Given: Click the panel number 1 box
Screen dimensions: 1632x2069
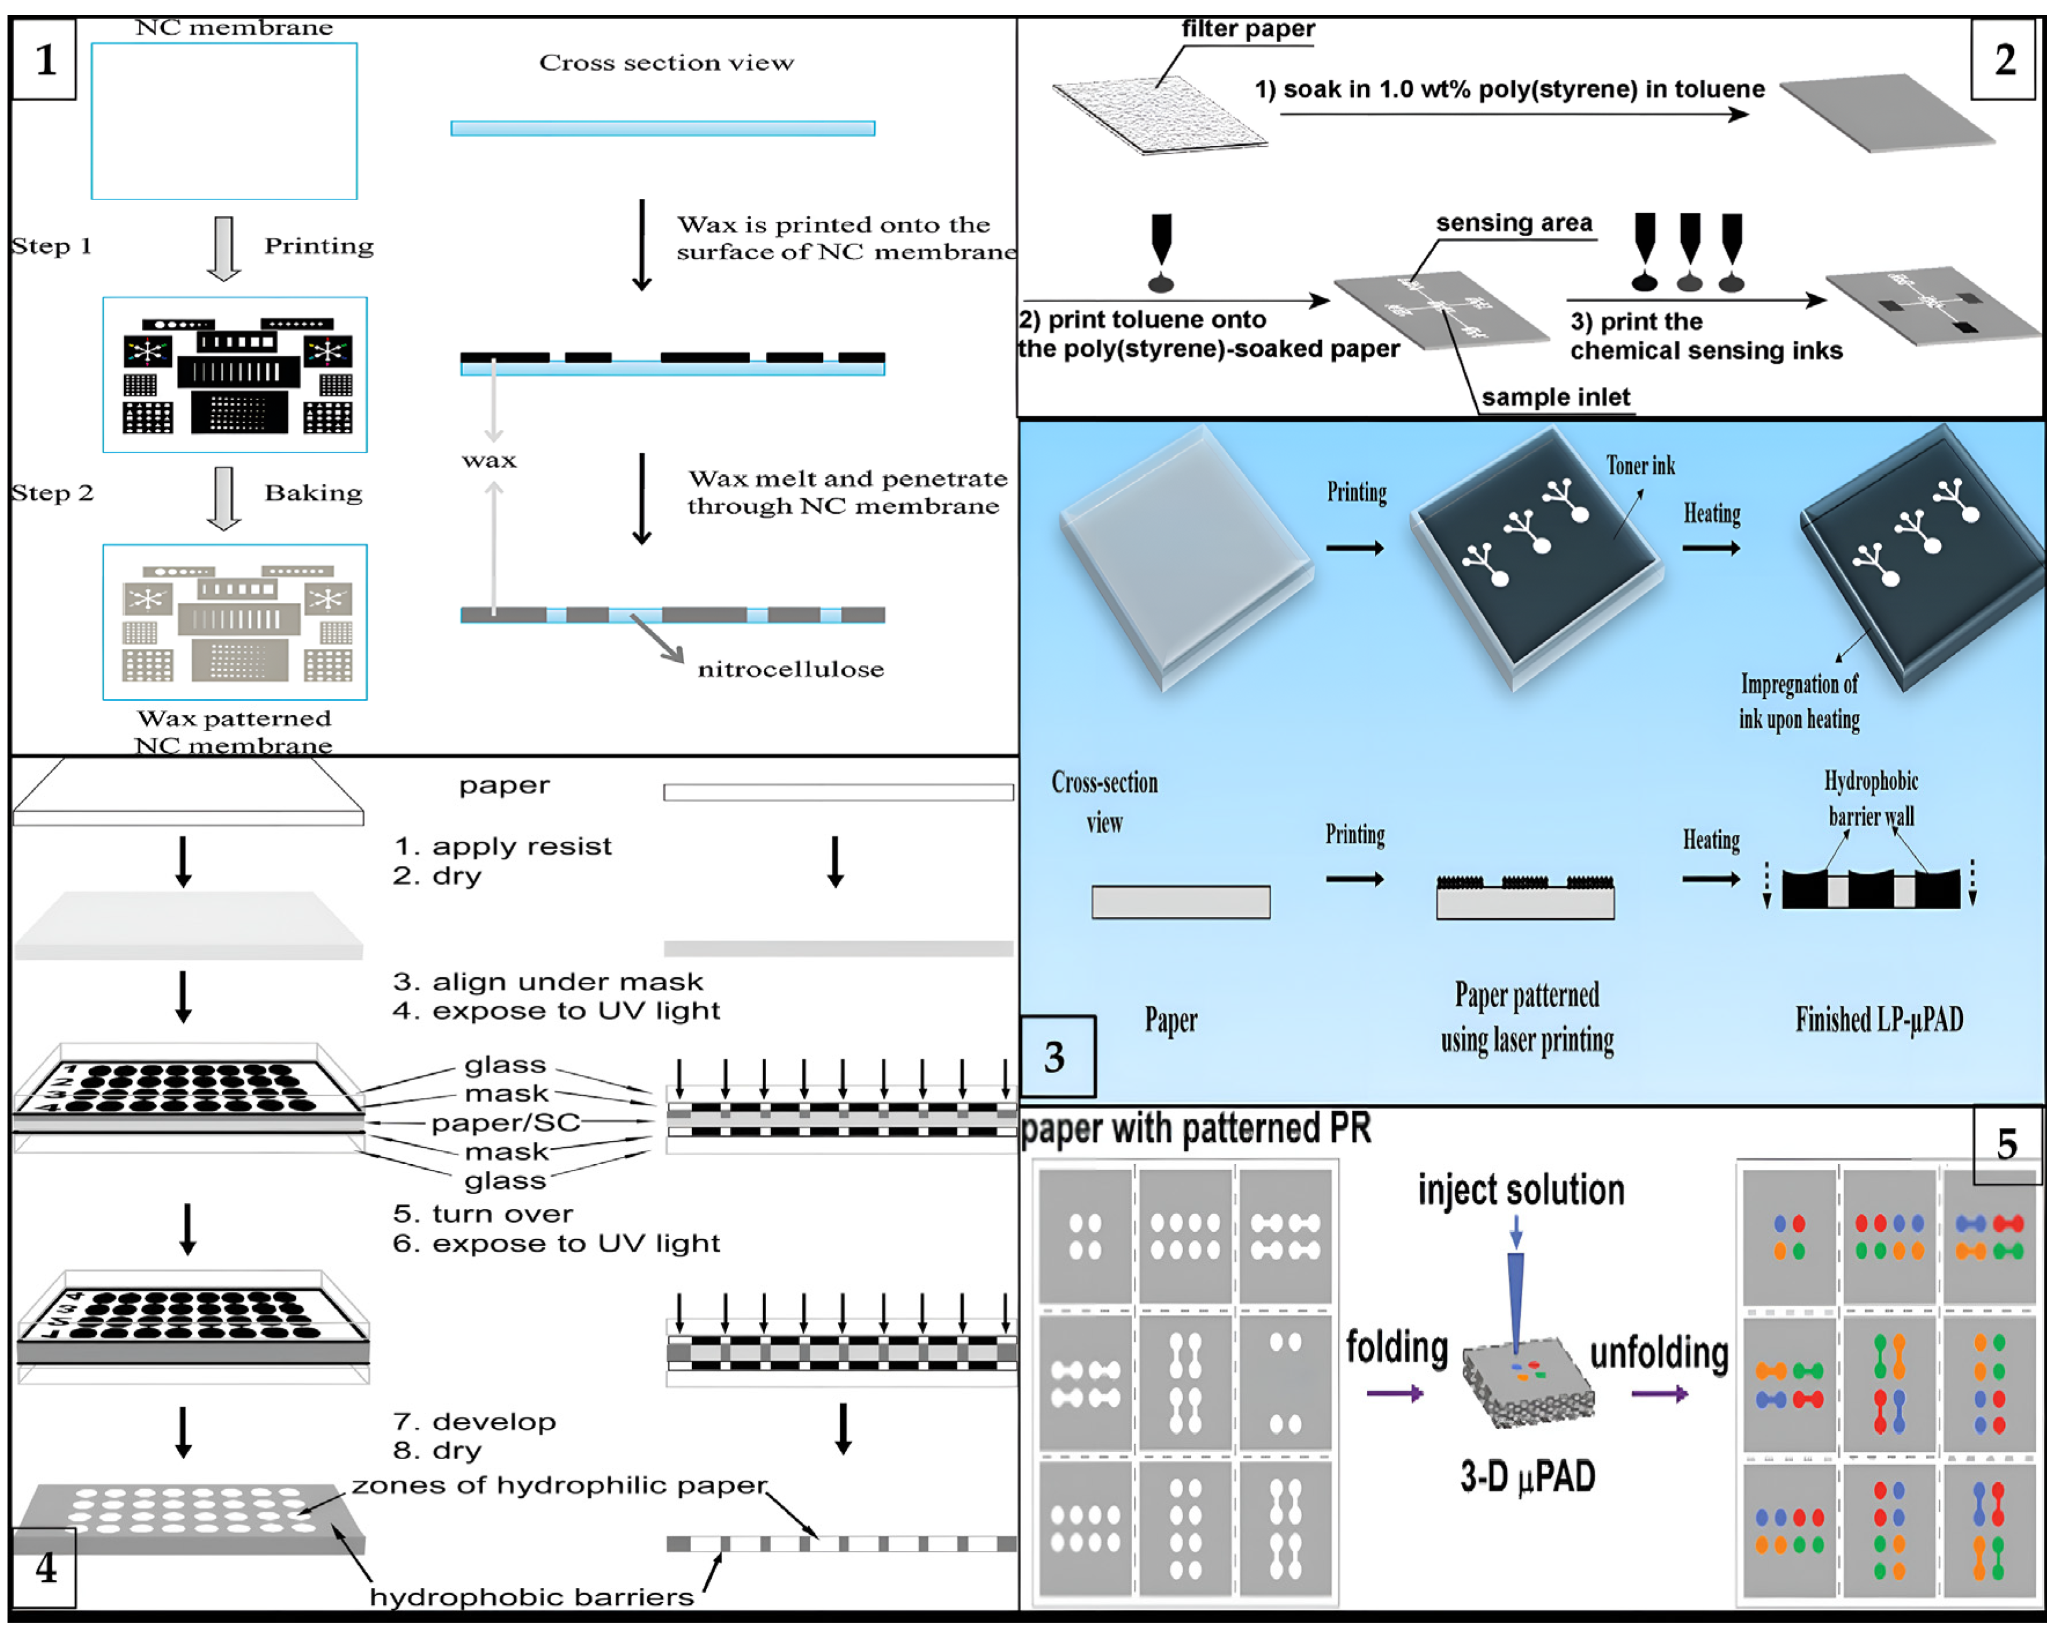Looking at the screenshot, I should (44, 60).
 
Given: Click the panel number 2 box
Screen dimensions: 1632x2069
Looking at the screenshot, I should (2004, 60).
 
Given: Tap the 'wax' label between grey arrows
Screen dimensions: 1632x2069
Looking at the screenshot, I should (489, 461).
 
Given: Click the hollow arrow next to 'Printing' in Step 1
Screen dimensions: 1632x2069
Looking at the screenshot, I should (224, 248).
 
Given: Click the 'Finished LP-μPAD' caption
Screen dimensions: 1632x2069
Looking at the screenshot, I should (1878, 1019).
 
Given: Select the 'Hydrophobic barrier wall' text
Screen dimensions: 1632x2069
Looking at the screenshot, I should (1870, 798).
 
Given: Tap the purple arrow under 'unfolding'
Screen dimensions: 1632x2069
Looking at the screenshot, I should (1658, 1394).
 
